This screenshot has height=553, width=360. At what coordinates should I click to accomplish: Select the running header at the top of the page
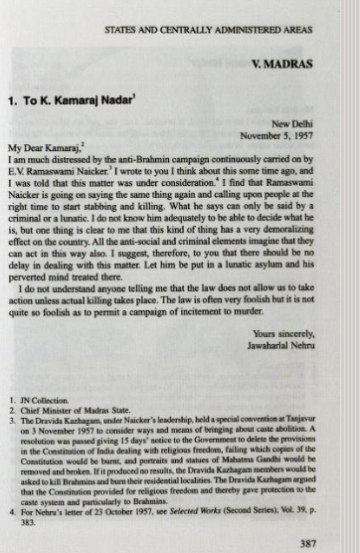coord(207,30)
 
